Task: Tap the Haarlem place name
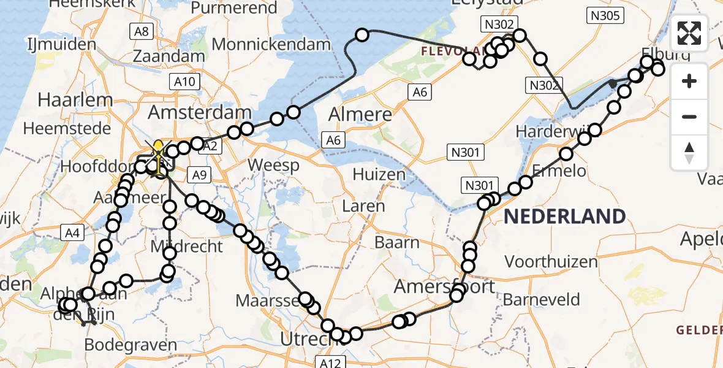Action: coord(75,99)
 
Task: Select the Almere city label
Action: coord(360,114)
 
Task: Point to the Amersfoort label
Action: coord(444,286)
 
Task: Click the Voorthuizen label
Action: coord(551,262)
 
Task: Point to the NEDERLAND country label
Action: coord(565,217)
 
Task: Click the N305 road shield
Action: coord(605,16)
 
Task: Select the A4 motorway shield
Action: coord(72,232)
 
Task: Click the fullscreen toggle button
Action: coord(689,33)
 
